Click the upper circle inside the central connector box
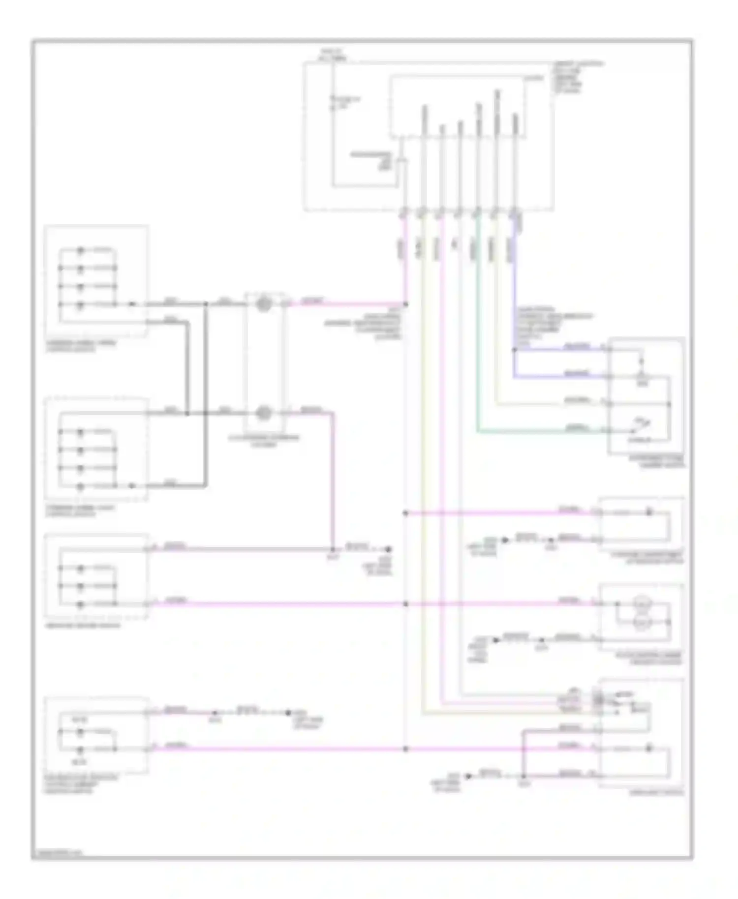(264, 304)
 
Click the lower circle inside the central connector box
(264, 413)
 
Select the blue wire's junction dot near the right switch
(514, 350)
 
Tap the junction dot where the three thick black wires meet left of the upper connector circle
(206, 304)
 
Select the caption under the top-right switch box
(656, 461)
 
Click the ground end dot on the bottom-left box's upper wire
(289, 713)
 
